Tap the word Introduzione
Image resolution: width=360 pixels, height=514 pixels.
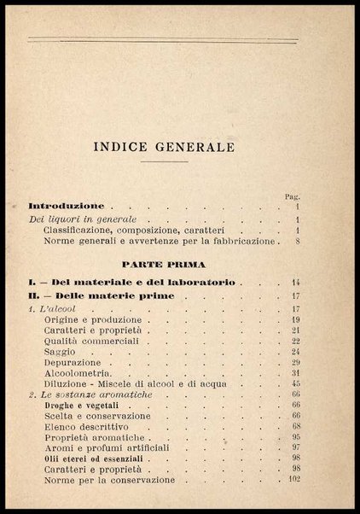tap(67, 206)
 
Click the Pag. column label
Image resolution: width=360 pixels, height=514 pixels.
tap(293, 196)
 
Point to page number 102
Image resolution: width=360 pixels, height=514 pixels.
tap(293, 480)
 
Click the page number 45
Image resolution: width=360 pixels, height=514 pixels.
tap(295, 383)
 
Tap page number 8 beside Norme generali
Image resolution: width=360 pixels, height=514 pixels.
tap(295, 242)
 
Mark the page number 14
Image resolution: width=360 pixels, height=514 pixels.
tap(295, 282)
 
